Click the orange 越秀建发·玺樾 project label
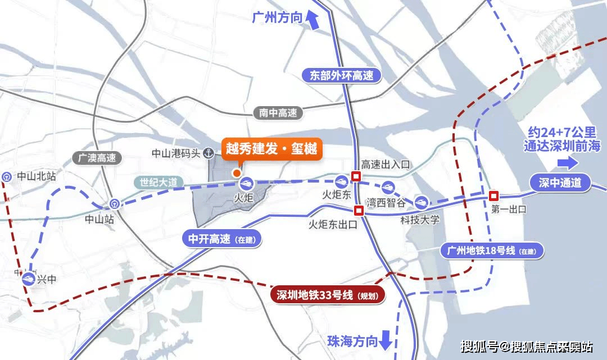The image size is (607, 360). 271,149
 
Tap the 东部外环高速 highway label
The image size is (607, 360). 342,75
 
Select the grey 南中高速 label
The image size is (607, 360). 278,113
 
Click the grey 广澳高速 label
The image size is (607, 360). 97,158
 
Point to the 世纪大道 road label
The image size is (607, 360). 158,183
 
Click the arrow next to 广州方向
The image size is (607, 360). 312,20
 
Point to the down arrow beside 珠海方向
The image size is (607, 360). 386,339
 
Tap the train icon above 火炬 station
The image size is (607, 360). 246,183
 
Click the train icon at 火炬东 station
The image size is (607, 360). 341,181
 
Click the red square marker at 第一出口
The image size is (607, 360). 493,195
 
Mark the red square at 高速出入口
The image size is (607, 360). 355,176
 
